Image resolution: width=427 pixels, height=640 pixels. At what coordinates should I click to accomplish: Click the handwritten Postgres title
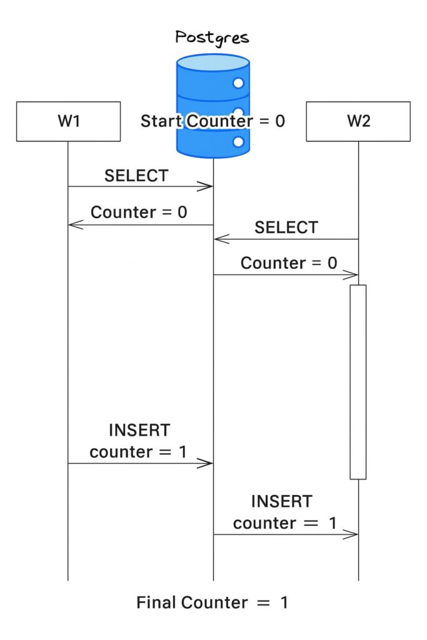[213, 37]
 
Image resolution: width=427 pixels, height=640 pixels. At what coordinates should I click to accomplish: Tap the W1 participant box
[68, 121]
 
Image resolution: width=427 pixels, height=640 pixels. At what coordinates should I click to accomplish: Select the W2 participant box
[358, 121]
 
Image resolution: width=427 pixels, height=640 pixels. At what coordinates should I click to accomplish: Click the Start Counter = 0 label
[213, 121]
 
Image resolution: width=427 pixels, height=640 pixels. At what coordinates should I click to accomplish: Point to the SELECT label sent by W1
[136, 176]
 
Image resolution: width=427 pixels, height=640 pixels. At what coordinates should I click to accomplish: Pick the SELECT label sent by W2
[286, 227]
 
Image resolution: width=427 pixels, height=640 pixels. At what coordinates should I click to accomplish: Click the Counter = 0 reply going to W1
[139, 212]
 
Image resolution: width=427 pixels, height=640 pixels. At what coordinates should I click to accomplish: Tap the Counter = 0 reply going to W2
[289, 263]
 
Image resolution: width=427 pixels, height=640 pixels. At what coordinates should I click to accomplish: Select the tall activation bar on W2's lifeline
[358, 381]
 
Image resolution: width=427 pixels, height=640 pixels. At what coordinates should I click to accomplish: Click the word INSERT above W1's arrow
[139, 430]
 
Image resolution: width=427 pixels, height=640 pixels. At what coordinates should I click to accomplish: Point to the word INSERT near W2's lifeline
[281, 501]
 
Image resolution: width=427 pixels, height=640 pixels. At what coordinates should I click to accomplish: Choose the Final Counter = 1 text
[213, 603]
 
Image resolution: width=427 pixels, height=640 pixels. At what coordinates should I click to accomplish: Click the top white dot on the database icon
[238, 83]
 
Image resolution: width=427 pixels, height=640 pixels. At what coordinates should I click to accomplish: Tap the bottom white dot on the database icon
[238, 142]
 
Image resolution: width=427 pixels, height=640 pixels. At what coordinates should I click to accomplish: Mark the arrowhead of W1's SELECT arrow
[208, 186]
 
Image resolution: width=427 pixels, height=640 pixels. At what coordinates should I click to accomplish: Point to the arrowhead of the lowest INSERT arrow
[353, 534]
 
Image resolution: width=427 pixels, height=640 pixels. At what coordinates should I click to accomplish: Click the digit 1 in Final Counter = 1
[284, 603]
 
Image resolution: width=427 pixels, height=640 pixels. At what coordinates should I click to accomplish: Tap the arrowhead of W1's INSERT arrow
[208, 463]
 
